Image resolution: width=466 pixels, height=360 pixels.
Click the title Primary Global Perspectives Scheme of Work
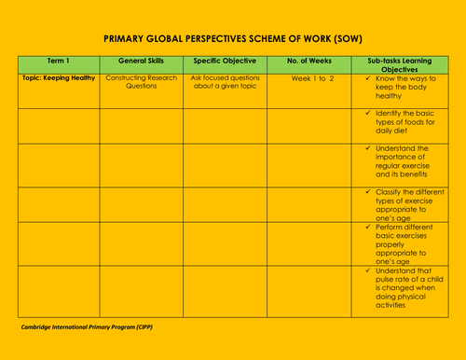[232, 41]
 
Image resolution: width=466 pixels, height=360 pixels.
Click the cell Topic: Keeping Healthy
[58, 78]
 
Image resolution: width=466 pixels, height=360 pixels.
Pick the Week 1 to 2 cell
[312, 78]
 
